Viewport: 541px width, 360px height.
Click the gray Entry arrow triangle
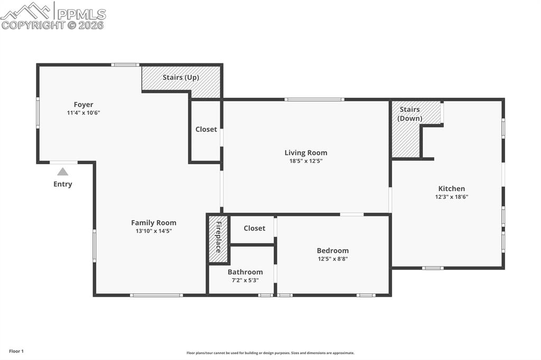click(x=63, y=172)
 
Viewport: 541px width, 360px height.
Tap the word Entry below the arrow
click(x=63, y=184)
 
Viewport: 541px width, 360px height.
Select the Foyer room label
click(x=83, y=105)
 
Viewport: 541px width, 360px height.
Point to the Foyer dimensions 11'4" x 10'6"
click(x=83, y=113)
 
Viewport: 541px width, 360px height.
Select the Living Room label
click(x=306, y=153)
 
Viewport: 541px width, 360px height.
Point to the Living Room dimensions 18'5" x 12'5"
click(x=306, y=161)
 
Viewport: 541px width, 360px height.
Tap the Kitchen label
click(x=452, y=188)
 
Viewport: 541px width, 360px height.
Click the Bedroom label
click(x=333, y=250)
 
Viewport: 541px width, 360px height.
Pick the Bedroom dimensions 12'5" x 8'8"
click(x=333, y=259)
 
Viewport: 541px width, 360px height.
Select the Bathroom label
click(x=245, y=272)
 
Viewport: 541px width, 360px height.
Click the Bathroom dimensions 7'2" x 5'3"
click(x=245, y=280)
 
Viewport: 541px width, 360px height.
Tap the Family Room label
click(x=154, y=223)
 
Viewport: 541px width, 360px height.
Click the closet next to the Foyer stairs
click(x=206, y=130)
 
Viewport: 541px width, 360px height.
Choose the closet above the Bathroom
click(x=254, y=228)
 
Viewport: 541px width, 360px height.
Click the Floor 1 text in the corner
click(x=16, y=351)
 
